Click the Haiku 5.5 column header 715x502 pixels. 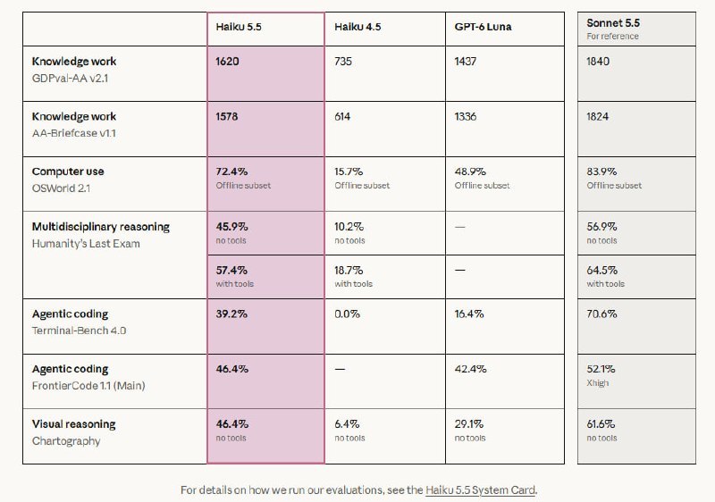tap(239, 27)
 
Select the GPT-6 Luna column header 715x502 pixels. tap(483, 27)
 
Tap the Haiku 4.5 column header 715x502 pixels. tap(357, 27)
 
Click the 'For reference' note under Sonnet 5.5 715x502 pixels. tap(612, 36)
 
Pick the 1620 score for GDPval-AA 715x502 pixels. tap(227, 61)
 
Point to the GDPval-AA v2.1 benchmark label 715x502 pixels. tap(71, 79)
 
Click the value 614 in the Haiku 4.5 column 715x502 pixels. tap(342, 117)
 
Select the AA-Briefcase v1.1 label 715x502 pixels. tap(74, 133)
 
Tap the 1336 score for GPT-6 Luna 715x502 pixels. tap(466, 117)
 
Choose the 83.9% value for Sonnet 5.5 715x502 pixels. tap(601, 172)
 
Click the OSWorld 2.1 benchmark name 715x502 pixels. tap(61, 188)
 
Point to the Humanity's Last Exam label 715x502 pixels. tap(86, 244)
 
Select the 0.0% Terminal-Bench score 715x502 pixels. tap(347, 314)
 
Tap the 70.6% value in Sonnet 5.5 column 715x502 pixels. tap(601, 314)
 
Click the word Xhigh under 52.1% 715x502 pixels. tap(597, 383)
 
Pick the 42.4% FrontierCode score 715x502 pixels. tap(471, 369)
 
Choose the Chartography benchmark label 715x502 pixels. tap(66, 441)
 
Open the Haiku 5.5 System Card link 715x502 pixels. tap(480, 490)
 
